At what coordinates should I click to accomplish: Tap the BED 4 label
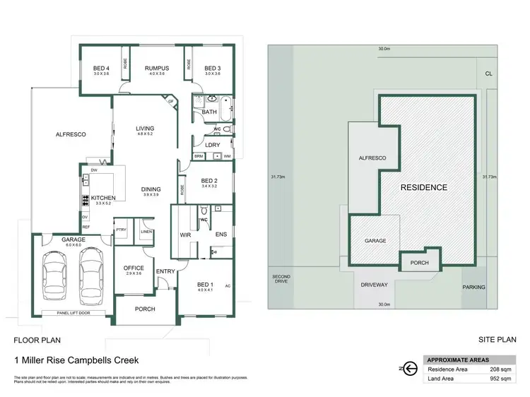tap(102, 69)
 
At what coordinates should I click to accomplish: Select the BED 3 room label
tap(213, 69)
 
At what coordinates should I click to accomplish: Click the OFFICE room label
tap(134, 268)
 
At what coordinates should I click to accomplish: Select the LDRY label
tap(213, 145)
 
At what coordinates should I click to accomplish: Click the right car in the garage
tap(91, 273)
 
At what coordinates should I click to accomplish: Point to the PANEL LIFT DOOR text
tap(69, 312)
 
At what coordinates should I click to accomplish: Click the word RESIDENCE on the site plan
tap(424, 187)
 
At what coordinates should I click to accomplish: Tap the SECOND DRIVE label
tap(282, 279)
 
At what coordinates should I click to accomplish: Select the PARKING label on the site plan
tap(473, 288)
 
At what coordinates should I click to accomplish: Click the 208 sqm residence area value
tap(499, 369)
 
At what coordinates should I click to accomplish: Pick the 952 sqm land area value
tap(499, 379)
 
